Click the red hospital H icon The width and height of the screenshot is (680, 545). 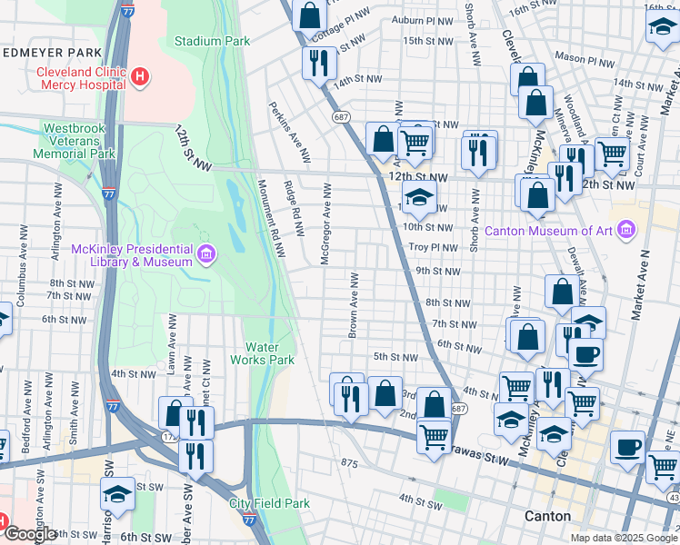click(139, 77)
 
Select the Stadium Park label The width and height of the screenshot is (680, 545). click(212, 41)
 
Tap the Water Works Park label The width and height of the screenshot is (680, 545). click(270, 353)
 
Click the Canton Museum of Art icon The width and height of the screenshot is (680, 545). click(625, 231)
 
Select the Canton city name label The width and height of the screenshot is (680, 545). click(548, 516)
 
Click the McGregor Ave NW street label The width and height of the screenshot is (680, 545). click(325, 223)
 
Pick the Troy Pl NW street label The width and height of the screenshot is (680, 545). click(431, 247)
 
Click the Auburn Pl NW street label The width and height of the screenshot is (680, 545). click(422, 19)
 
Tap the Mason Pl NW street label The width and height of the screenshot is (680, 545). click(585, 56)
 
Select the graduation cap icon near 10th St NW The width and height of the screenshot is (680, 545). click(419, 197)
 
